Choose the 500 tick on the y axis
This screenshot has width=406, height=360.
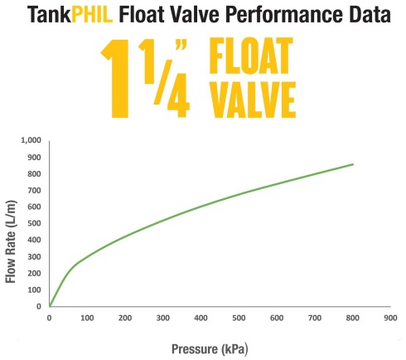(33, 223)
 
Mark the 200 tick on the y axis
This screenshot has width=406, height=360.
(33, 273)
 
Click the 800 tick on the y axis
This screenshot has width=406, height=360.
(33, 173)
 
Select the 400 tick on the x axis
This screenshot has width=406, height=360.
(201, 317)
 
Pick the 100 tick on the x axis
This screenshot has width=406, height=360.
(87, 317)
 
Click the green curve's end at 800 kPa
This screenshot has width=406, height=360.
(353, 164)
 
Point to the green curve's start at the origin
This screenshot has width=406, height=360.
(50, 305)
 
